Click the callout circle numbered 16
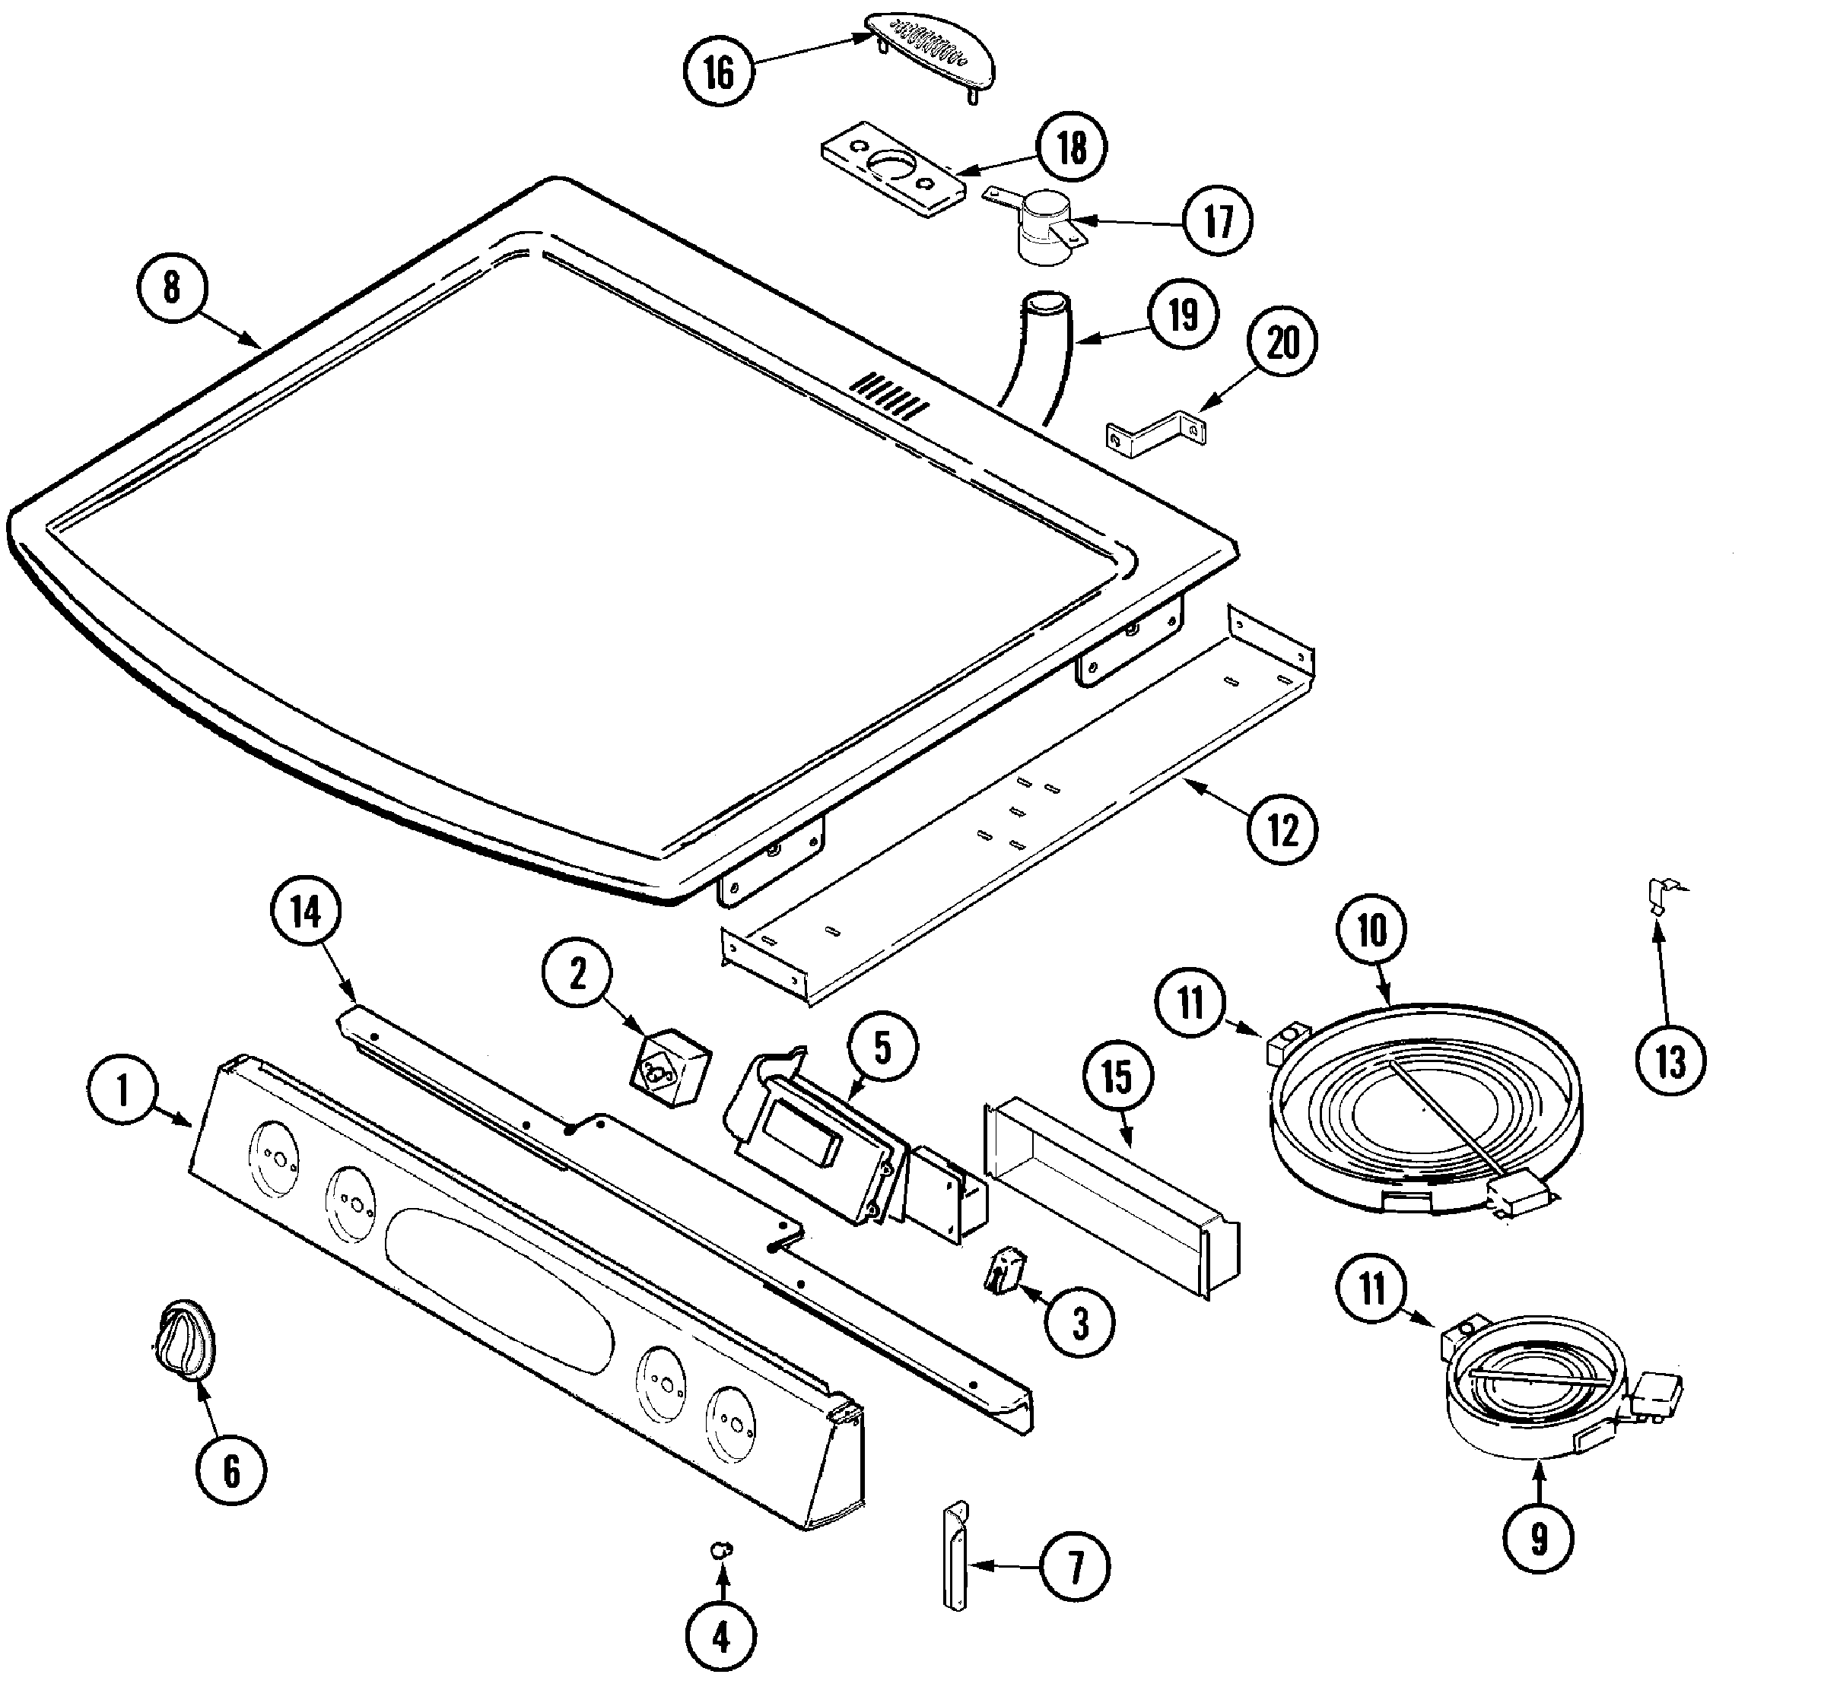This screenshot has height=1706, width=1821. (x=719, y=71)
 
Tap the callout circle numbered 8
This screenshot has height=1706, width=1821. (x=171, y=287)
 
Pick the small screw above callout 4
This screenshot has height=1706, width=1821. (x=722, y=1549)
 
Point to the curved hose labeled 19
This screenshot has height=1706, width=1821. (x=1037, y=357)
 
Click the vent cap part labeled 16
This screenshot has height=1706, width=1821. (x=929, y=52)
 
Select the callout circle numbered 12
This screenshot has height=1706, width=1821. (x=1282, y=830)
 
